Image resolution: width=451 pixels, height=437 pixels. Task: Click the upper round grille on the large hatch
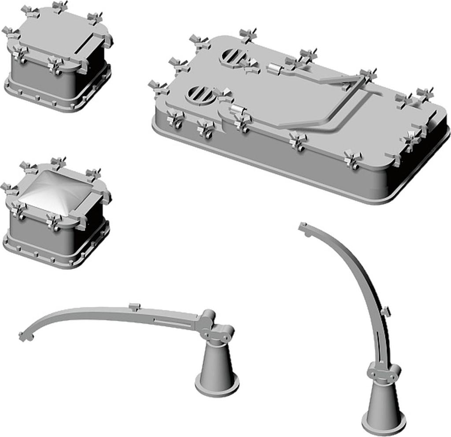coord(232,56)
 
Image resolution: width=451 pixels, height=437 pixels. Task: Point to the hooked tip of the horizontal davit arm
coord(24,336)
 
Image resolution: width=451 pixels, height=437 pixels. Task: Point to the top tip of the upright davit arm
coord(303,227)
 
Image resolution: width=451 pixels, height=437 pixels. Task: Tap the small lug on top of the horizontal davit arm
coord(134,306)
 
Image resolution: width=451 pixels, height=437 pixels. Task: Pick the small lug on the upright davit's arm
coord(386,312)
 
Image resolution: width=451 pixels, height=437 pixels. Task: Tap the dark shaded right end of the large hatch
coord(423,158)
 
